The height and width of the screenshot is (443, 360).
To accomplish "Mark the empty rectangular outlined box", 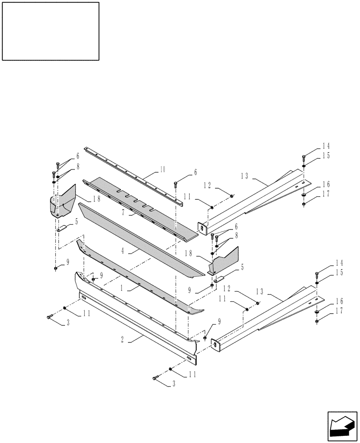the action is tap(51, 31).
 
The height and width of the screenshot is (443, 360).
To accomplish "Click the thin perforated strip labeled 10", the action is tap(133, 175).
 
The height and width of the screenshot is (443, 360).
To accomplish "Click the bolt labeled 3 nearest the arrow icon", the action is tap(155, 377).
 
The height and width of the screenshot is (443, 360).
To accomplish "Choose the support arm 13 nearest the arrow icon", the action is tap(266, 319).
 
